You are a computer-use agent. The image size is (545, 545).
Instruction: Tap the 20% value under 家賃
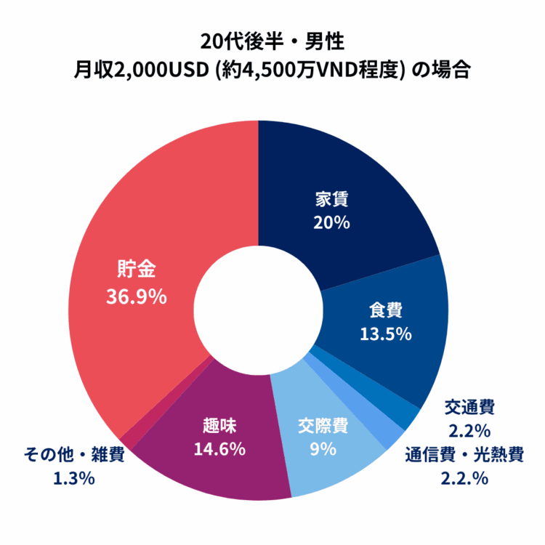331,222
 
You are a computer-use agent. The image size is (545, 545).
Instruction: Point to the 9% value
323,448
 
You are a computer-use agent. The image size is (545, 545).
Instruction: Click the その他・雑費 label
74,456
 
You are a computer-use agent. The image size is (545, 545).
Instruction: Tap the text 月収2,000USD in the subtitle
136,70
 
